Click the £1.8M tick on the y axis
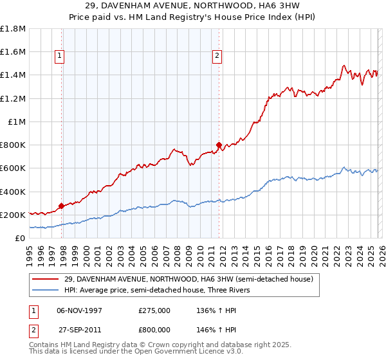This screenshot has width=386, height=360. pyautogui.click(x=13, y=29)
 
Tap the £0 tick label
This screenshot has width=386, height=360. pyautogui.click(x=21, y=238)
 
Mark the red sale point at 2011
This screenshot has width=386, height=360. pyautogui.click(x=219, y=145)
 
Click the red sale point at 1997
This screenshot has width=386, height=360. pyautogui.click(x=62, y=206)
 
